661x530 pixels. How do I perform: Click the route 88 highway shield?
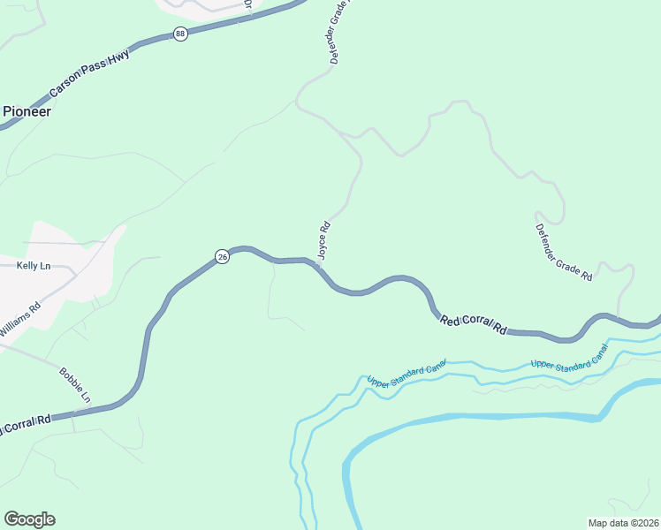point(180,34)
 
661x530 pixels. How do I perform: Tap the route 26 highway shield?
point(222,256)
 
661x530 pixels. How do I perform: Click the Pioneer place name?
point(26,112)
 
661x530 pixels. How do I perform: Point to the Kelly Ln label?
point(34,265)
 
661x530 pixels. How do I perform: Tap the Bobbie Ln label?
point(75,385)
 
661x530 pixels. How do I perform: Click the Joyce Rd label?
point(323,239)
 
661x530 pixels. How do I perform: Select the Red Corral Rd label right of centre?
point(474,324)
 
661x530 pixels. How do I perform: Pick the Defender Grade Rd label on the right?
point(563,252)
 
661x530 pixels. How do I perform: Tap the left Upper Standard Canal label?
point(406,373)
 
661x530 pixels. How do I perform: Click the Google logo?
point(29,519)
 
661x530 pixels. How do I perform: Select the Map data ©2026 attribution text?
point(623,522)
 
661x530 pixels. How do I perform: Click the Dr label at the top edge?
point(248,5)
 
